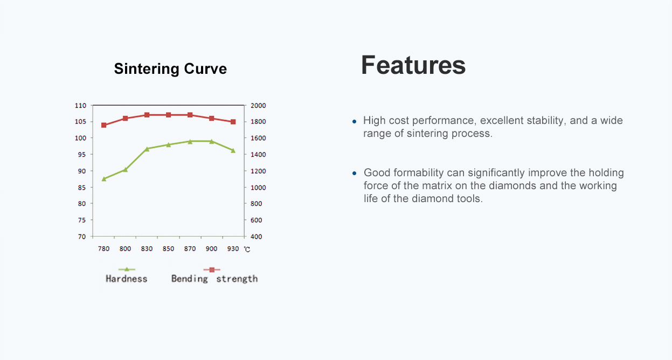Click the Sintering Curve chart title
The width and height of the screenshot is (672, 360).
click(x=170, y=68)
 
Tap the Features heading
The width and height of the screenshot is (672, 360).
click(x=413, y=65)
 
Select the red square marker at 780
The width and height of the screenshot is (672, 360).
click(x=104, y=125)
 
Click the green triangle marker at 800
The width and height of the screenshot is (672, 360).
click(x=126, y=170)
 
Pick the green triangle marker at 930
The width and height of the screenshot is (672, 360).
click(x=233, y=150)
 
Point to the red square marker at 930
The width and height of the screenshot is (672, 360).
click(x=233, y=122)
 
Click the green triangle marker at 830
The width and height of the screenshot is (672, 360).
click(x=147, y=149)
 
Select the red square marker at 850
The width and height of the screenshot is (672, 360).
click(x=169, y=115)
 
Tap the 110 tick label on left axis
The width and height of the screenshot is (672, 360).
click(x=80, y=106)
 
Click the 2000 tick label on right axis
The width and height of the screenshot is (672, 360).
click(x=258, y=106)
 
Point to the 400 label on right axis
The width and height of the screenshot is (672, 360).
click(x=256, y=237)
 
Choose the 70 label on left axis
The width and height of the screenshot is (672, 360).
click(x=82, y=237)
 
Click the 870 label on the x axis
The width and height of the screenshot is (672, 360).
click(x=190, y=248)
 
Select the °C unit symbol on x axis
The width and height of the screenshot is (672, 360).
click(x=247, y=250)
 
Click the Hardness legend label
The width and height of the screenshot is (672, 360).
click(x=126, y=279)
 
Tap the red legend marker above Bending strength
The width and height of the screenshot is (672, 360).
click(x=212, y=269)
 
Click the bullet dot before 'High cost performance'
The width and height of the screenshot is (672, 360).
click(x=354, y=121)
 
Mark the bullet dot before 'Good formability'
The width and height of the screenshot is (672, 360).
click(x=354, y=173)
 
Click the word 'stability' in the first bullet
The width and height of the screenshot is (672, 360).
click(x=545, y=121)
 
